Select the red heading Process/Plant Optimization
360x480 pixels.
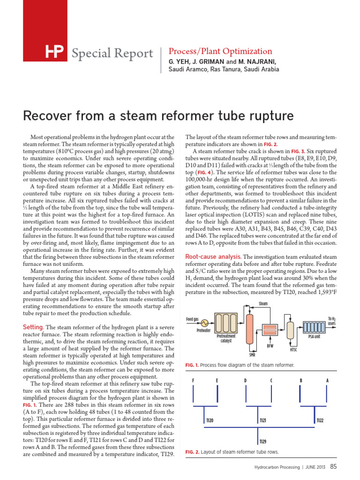220,52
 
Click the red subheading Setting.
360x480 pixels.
33,326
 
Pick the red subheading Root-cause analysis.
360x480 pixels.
213,257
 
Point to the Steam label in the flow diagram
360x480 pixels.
263,304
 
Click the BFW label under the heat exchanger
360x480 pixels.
270,346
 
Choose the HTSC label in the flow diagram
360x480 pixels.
294,349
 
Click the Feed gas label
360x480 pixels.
193,319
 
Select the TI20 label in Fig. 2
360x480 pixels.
210,420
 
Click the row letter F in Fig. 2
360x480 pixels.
193,380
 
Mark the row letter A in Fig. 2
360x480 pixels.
327,380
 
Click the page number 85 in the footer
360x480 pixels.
333,466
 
